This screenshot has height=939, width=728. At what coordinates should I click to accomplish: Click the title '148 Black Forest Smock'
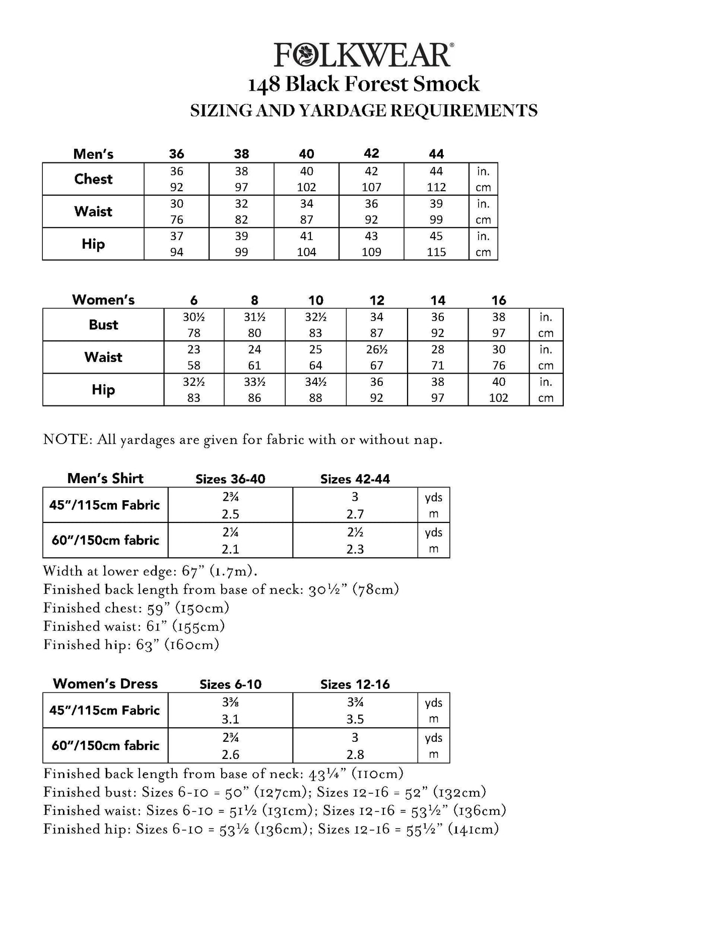pyautogui.click(x=363, y=84)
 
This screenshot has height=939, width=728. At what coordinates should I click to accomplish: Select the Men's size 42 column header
pyautogui.click(x=371, y=153)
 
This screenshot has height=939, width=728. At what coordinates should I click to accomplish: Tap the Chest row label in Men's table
pyautogui.click(x=93, y=179)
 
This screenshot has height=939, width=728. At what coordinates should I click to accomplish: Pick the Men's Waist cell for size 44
pyautogui.click(x=436, y=211)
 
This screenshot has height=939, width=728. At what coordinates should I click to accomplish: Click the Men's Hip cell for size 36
pyautogui.click(x=176, y=244)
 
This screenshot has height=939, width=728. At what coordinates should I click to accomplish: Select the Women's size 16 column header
pyautogui.click(x=498, y=300)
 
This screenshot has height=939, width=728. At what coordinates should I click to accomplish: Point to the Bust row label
pyautogui.click(x=103, y=325)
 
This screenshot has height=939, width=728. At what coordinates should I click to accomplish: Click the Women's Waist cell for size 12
pyautogui.click(x=376, y=357)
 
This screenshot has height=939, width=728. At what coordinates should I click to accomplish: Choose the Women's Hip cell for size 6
pyautogui.click(x=194, y=389)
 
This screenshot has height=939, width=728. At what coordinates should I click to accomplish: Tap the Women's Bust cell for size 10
pyautogui.click(x=315, y=325)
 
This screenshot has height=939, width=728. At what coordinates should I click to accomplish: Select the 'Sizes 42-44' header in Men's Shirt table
pyautogui.click(x=355, y=479)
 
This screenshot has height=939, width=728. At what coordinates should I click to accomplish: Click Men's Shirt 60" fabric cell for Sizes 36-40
pyautogui.click(x=230, y=540)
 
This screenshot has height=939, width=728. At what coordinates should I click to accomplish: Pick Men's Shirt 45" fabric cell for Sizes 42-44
pyautogui.click(x=355, y=505)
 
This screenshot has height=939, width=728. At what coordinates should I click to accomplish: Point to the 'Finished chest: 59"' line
pyautogui.click(x=136, y=608)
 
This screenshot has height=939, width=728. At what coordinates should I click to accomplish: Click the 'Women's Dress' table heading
pyautogui.click(x=105, y=684)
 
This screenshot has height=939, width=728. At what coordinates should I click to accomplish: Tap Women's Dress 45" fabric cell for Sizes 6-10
pyautogui.click(x=230, y=710)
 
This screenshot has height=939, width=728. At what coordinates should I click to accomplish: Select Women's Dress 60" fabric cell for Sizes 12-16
pyautogui.click(x=355, y=745)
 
